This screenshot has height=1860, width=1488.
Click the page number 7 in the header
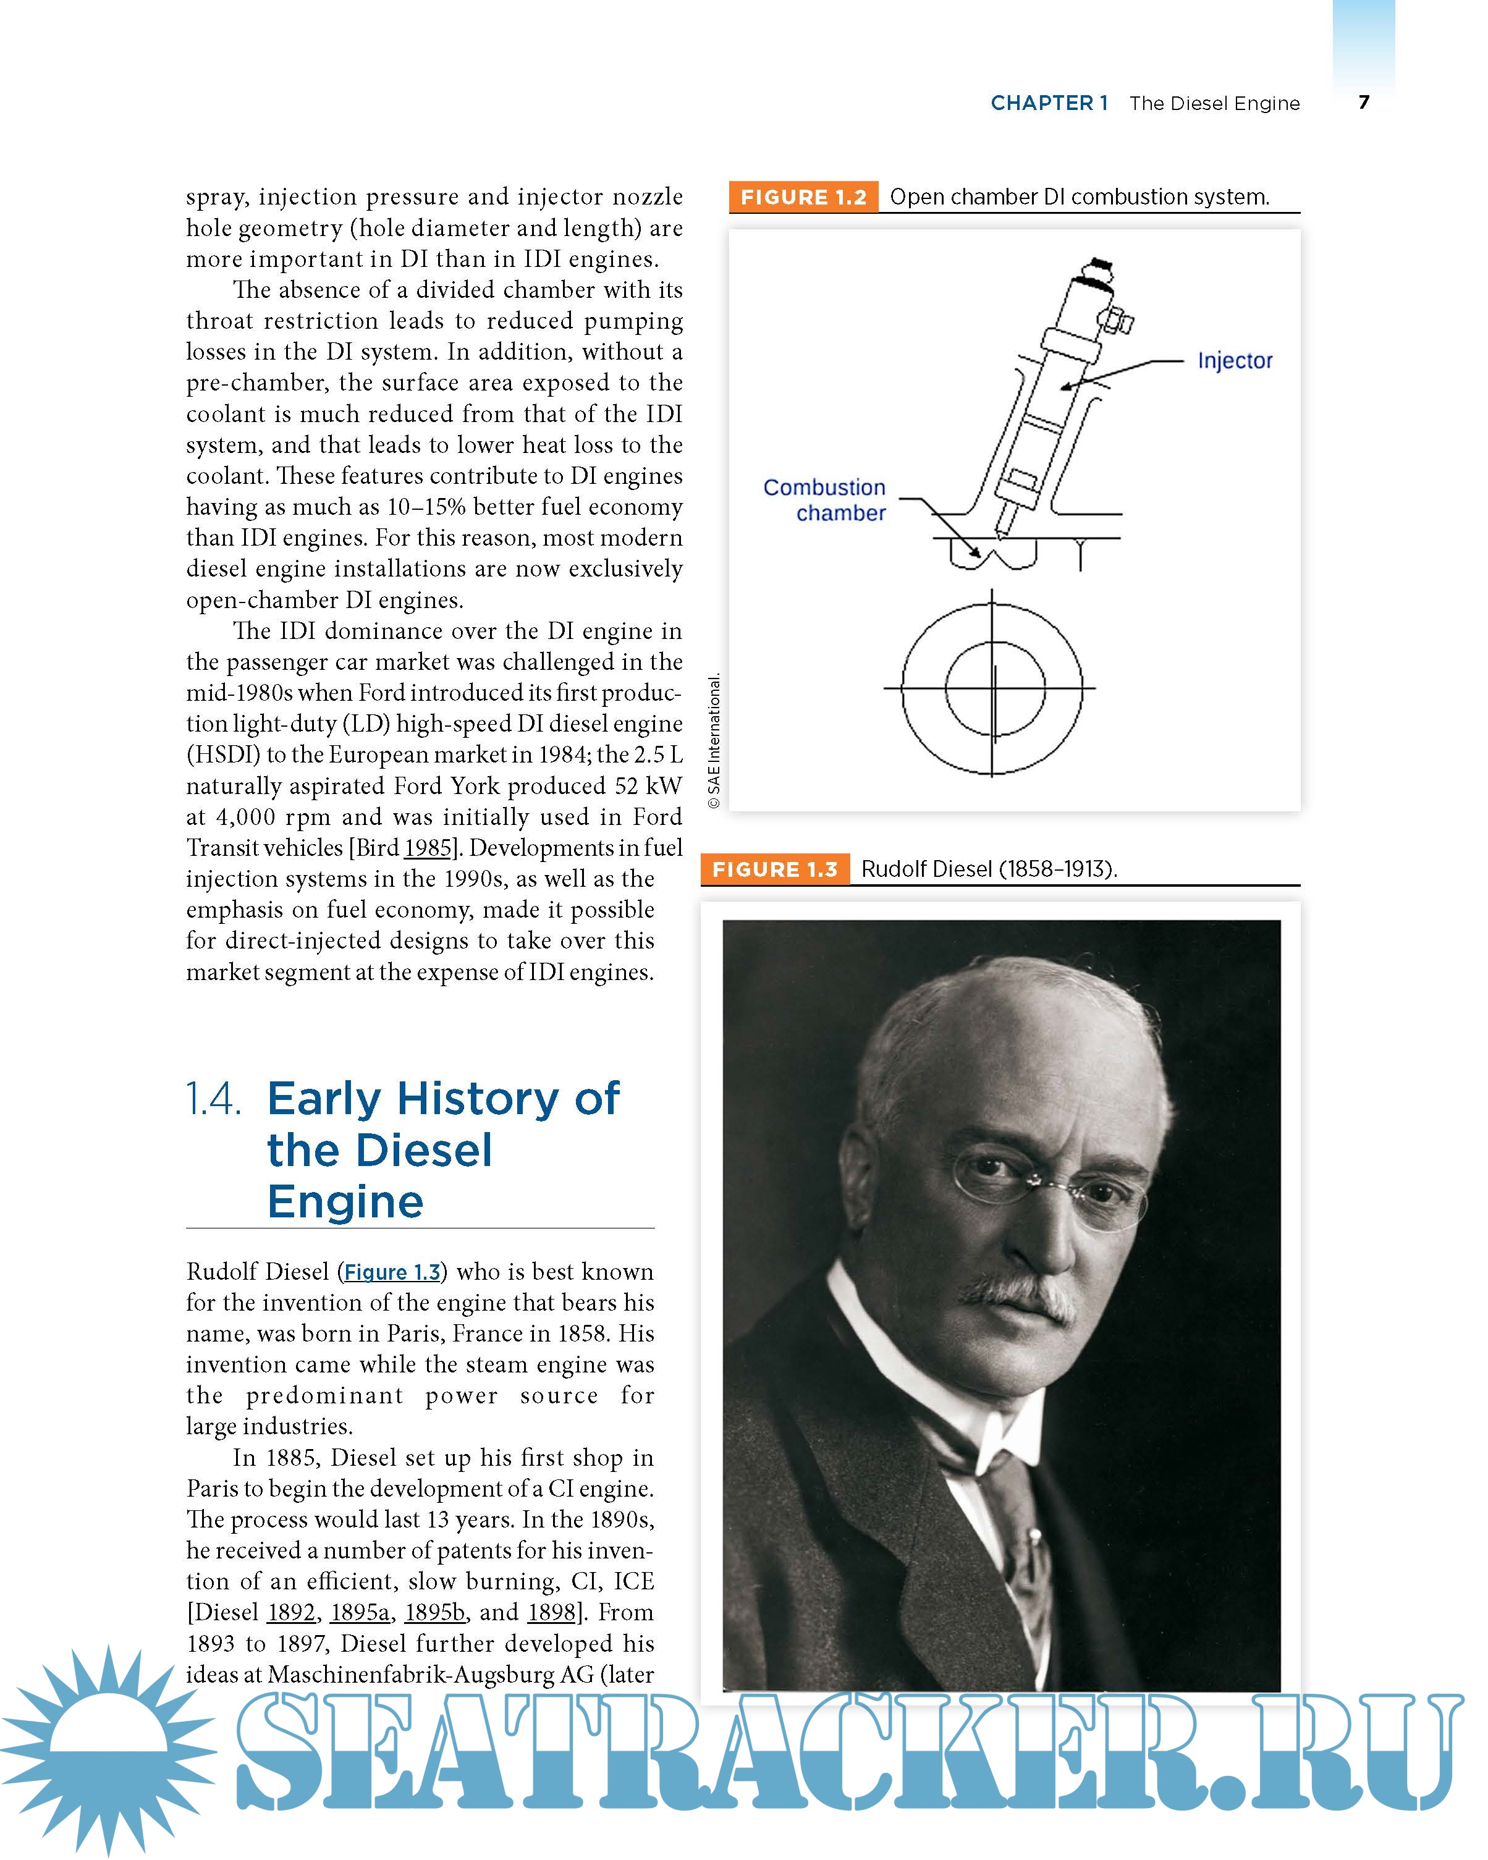tap(1364, 102)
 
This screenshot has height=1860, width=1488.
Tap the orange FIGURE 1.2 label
tap(803, 197)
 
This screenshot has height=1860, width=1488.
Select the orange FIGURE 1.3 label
tap(775, 869)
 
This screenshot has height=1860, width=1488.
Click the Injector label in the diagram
tap(1235, 361)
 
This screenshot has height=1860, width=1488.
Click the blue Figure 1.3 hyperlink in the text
tap(392, 1272)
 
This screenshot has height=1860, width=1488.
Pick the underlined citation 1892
tap(292, 1612)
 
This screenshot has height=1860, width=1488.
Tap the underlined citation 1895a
tap(360, 1612)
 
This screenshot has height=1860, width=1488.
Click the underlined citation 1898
tap(551, 1612)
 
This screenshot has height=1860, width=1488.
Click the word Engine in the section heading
tap(345, 1202)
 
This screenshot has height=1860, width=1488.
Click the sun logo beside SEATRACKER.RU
tap(108, 1751)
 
